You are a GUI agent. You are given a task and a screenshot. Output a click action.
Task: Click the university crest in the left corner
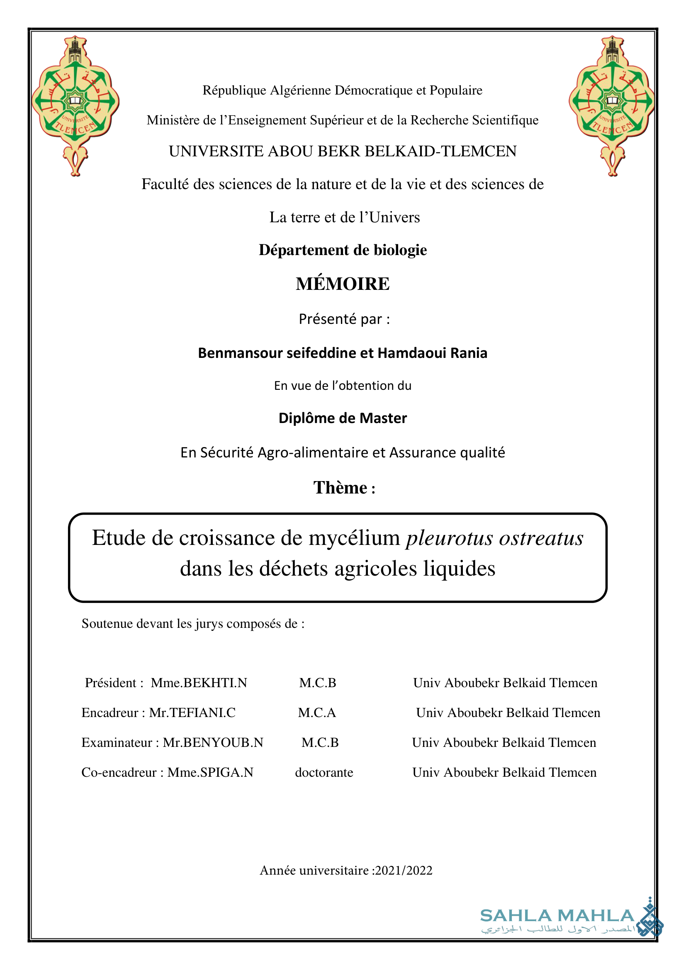(x=75, y=106)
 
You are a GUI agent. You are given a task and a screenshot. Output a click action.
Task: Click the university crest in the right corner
(x=612, y=106)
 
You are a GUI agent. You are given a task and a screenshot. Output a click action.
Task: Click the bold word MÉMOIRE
(x=343, y=284)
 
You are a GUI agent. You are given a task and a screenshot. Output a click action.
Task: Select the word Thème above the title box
(x=340, y=488)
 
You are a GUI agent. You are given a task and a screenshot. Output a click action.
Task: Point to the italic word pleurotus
(x=450, y=538)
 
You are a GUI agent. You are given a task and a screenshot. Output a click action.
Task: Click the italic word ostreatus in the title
(x=541, y=538)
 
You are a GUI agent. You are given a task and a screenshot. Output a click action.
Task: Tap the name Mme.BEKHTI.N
(x=199, y=683)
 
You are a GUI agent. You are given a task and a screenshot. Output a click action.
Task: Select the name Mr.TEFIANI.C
(x=192, y=713)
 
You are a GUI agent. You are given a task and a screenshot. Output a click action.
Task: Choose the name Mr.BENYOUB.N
(x=213, y=742)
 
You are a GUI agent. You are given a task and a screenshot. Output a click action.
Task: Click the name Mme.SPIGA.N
(x=210, y=772)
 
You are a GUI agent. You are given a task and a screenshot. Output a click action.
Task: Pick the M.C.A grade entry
(x=317, y=713)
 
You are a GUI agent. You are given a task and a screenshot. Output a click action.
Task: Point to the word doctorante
(x=324, y=772)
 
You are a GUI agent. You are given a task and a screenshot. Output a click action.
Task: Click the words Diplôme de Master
(x=343, y=418)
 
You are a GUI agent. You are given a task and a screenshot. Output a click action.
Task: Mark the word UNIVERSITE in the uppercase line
(x=216, y=151)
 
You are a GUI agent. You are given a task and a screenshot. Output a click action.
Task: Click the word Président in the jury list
(x=111, y=683)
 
